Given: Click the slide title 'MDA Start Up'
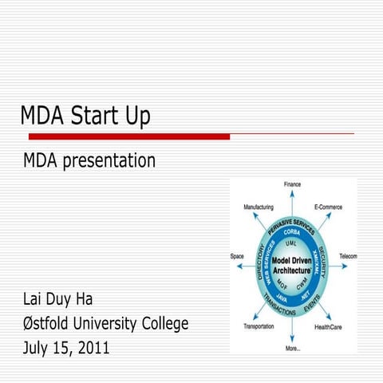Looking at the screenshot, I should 85,116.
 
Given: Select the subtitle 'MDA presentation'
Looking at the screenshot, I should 89,160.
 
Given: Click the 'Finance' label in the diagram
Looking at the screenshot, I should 292,184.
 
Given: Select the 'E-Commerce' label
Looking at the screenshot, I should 328,207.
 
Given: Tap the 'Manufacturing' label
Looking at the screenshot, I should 258,207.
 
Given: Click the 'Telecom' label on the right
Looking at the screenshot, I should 348,256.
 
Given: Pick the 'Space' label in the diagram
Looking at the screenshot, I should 237,256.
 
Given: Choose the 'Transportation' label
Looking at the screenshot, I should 259,326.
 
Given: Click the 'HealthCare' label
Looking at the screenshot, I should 329,326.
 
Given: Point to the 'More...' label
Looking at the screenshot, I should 293,349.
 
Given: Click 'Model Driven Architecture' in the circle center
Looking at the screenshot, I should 292,266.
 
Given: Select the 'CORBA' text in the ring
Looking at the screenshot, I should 291,232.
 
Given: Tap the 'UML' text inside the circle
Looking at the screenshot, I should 291,242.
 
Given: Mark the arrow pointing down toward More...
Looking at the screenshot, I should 292,333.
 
